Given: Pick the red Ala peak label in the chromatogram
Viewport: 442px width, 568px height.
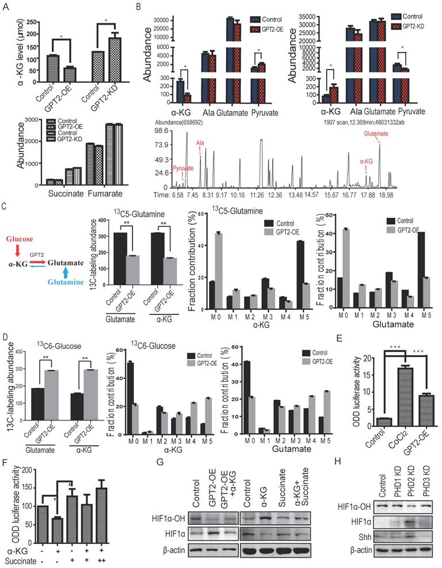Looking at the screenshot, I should coord(200,142).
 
